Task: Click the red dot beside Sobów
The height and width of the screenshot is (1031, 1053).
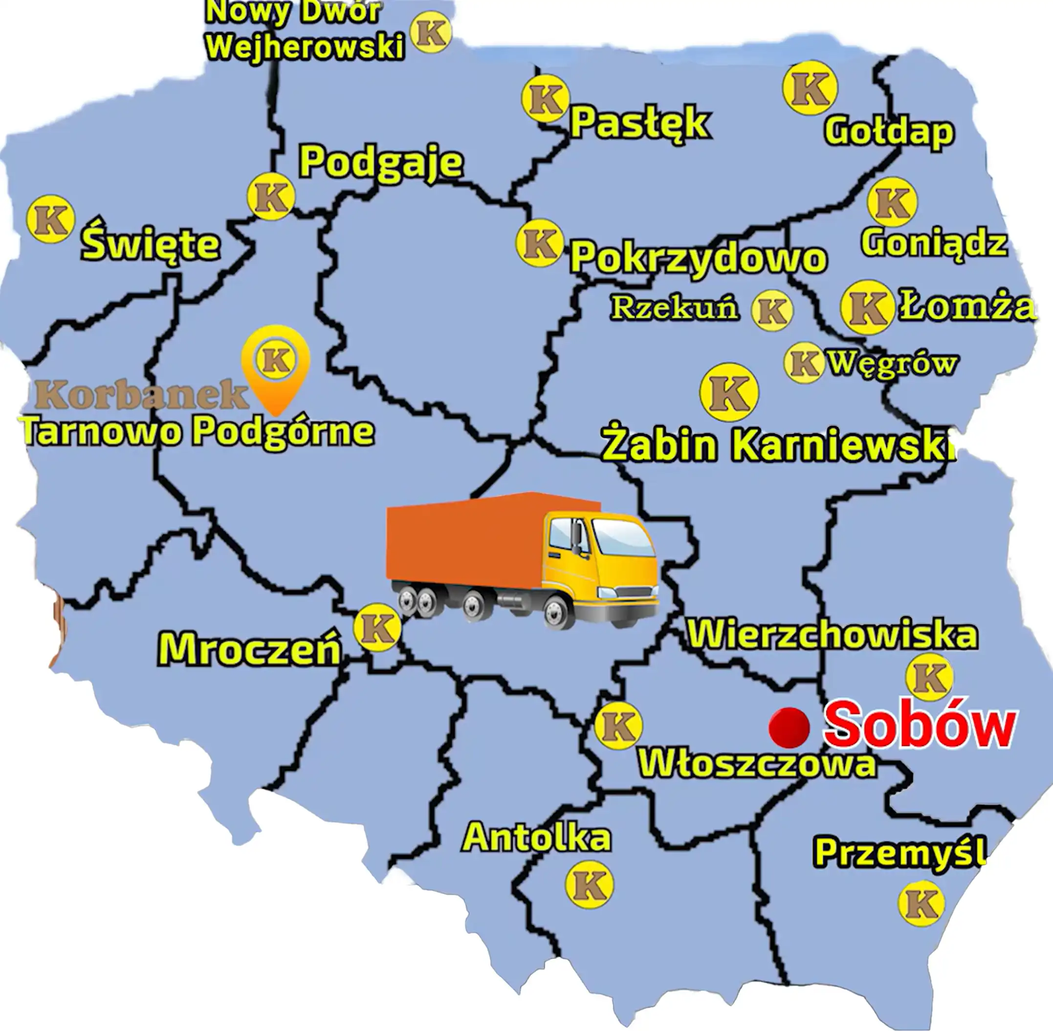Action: pyautogui.click(x=789, y=727)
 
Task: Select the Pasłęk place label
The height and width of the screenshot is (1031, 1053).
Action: pyautogui.click(x=640, y=123)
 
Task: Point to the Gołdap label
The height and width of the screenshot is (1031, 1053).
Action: pyautogui.click(x=889, y=131)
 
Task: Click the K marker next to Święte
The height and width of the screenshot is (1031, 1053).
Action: pyautogui.click(x=50, y=219)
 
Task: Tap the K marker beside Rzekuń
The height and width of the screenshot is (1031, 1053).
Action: pyautogui.click(x=772, y=310)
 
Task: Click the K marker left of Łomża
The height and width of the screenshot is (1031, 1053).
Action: pyautogui.click(x=867, y=307)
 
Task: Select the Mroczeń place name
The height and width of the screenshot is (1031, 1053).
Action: pyautogui.click(x=249, y=649)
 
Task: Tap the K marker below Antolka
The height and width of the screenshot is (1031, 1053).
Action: pyautogui.click(x=590, y=884)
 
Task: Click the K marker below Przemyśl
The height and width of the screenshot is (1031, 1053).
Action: pyautogui.click(x=921, y=903)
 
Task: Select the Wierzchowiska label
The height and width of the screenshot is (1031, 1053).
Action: pyautogui.click(x=833, y=635)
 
